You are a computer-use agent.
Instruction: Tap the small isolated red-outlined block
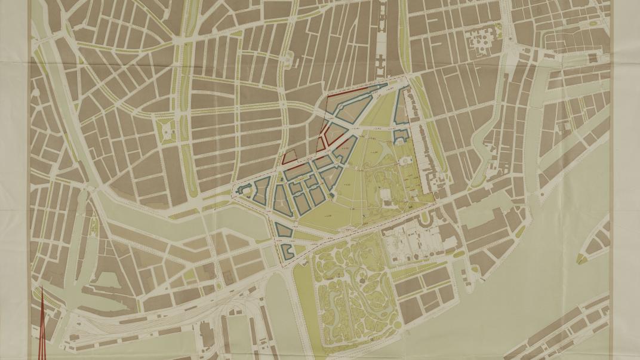pos(290,158)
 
